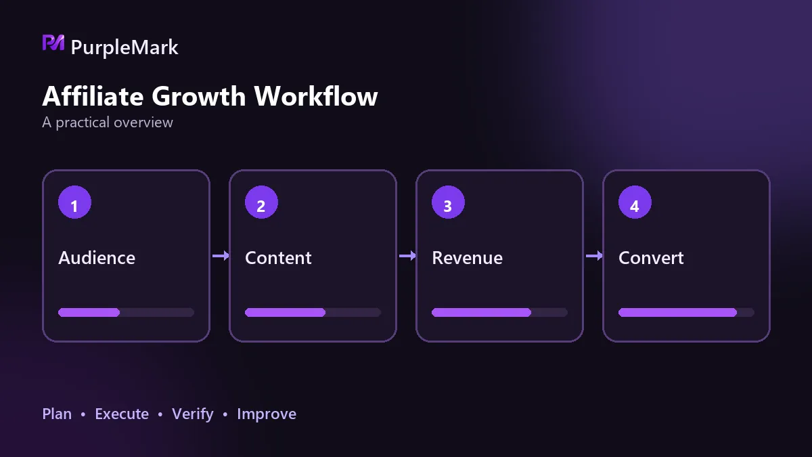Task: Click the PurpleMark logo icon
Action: (x=53, y=43)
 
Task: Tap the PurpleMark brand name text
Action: (x=125, y=48)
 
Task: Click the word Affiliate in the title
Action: (x=93, y=96)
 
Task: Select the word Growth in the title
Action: (x=199, y=96)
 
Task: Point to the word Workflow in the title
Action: (x=316, y=96)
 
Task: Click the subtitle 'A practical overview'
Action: (x=108, y=123)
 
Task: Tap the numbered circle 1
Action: (x=74, y=202)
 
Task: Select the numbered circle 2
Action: (x=261, y=202)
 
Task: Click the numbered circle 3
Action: (x=448, y=202)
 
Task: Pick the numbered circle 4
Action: (x=635, y=202)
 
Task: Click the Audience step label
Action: (x=97, y=258)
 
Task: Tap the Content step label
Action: (x=278, y=258)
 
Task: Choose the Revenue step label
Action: (x=468, y=258)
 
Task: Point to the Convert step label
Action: (x=651, y=258)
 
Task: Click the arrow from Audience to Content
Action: (x=221, y=256)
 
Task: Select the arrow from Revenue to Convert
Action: (x=594, y=256)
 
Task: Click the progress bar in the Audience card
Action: (x=126, y=312)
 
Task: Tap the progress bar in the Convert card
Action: (x=686, y=312)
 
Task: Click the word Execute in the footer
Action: (x=122, y=414)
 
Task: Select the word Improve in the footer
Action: (x=267, y=414)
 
